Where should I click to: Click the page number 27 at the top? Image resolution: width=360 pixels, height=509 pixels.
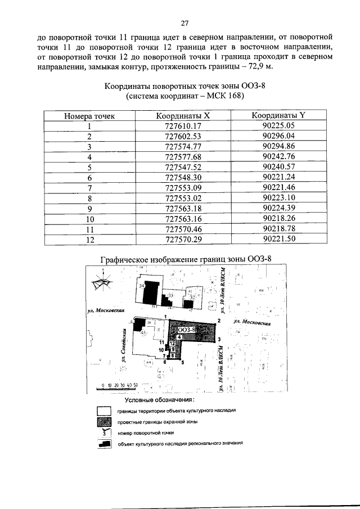tap(183, 23)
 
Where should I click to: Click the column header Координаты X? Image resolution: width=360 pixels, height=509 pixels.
tap(181, 116)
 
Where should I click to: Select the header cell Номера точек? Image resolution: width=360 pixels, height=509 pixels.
tap(89, 116)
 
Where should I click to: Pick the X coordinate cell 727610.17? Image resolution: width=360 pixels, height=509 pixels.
tap(181, 127)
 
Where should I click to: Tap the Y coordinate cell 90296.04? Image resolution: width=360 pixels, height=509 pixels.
tap(278, 137)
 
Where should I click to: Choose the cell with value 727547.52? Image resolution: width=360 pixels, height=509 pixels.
tap(181, 168)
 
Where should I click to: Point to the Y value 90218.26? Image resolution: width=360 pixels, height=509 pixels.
tap(278, 219)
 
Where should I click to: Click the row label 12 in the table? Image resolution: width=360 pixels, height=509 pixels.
tap(89, 240)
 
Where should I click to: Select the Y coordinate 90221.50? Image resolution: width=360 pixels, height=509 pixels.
tap(278, 240)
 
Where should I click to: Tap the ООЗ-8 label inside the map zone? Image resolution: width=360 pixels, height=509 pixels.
tap(186, 330)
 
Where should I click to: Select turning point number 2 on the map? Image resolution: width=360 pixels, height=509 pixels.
tap(218, 321)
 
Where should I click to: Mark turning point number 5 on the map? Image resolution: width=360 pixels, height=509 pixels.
tap(183, 363)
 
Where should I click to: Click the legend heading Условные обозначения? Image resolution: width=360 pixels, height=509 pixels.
tap(159, 400)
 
